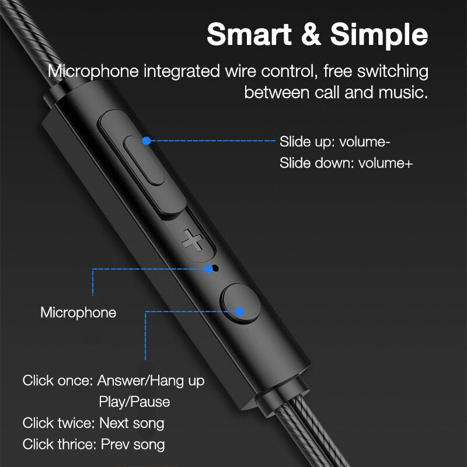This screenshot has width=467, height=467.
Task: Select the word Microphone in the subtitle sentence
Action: (94, 72)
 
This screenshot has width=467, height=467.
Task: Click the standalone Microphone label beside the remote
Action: (78, 312)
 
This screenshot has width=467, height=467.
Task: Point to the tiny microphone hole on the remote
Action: (215, 269)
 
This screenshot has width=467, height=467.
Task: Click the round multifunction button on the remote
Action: (240, 303)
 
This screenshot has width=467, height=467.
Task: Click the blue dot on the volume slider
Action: (147, 141)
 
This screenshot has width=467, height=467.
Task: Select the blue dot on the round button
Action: (240, 312)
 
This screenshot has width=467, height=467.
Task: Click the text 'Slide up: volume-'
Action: (334, 141)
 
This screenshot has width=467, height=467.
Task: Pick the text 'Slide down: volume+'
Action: (346, 163)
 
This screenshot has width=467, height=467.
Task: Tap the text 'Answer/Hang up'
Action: (151, 381)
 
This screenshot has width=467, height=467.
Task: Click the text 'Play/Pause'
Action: (134, 402)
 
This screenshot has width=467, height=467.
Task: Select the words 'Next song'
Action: (132, 423)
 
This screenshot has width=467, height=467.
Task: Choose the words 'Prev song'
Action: (133, 444)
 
